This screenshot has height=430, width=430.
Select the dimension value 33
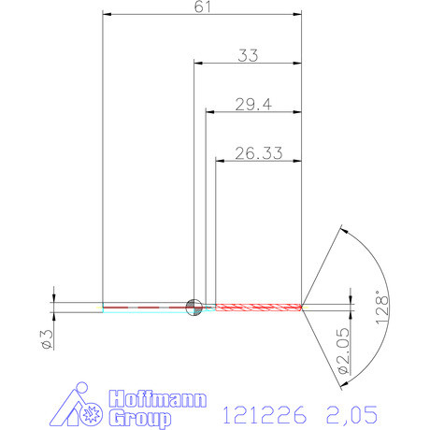coord(248,55)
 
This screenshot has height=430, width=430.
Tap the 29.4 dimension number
coord(252,105)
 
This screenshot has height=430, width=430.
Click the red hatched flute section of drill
coord(259,306)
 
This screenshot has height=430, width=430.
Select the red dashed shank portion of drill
coord(145,306)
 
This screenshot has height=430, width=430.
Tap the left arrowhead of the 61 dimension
coord(107,15)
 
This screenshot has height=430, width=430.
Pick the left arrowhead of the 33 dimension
coord(198,64)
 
